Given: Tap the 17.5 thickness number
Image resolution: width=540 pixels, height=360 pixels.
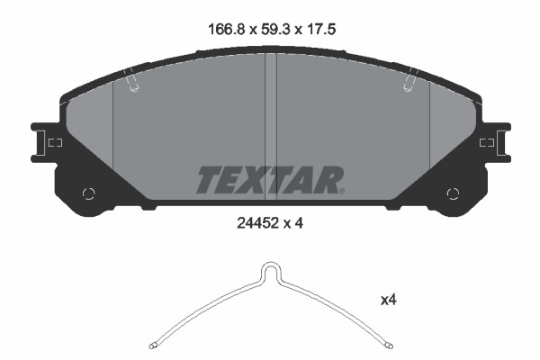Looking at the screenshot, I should pos(326,27).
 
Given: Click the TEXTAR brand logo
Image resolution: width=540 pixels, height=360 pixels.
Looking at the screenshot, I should pos(269,179).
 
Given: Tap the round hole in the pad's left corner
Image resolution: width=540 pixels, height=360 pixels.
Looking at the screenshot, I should pos(88,193).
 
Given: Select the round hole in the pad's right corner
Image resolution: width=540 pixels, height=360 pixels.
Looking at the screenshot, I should pos(453,193).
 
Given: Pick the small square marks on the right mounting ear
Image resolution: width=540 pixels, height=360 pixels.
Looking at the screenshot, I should pos(487,143).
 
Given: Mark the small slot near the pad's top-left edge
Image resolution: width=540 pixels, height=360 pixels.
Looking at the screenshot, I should pos(133,82).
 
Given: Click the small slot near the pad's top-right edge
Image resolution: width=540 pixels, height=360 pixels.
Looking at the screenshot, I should pos(409,82).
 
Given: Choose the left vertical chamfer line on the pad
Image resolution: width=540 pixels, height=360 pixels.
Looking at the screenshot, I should pos(112,126).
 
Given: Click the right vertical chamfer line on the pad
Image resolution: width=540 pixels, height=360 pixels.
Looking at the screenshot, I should pos(430,126).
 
